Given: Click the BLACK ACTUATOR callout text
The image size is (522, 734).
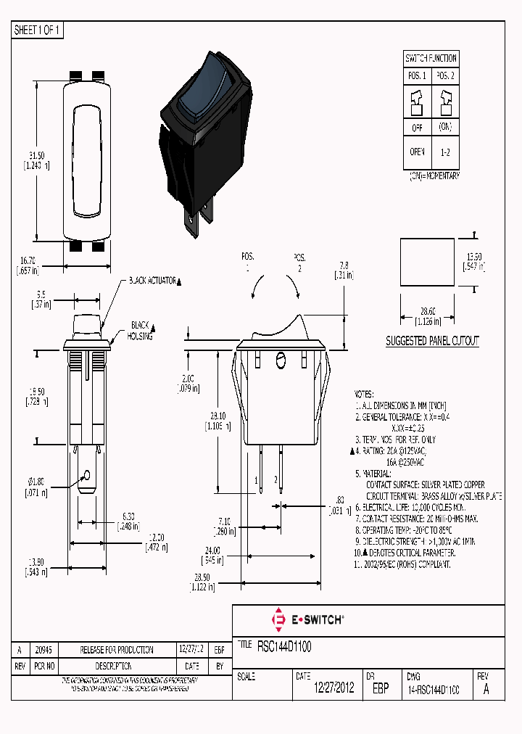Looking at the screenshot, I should click(152, 280).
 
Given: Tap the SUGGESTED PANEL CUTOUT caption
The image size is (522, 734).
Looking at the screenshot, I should click(432, 340).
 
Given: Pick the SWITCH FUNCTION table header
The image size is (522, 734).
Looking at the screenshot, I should click(431, 58).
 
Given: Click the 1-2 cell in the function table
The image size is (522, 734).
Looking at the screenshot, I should click(444, 153).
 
